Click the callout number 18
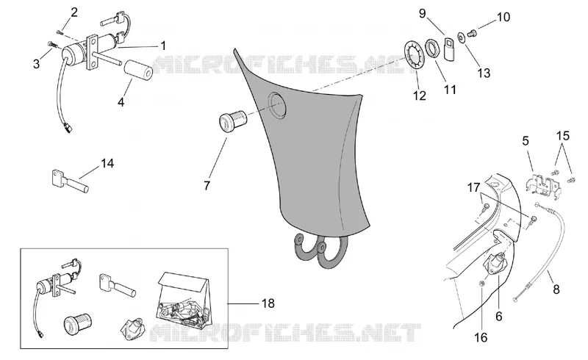(x=268, y=303)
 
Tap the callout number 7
(x=207, y=185)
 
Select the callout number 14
(x=107, y=163)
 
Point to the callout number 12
(x=420, y=96)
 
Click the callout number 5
(x=526, y=141)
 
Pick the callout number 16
(x=481, y=337)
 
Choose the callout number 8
(x=556, y=289)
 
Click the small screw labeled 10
(x=472, y=34)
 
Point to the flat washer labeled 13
(x=461, y=37)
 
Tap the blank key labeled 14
(x=69, y=181)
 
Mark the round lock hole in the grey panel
(x=278, y=104)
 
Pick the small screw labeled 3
(x=51, y=45)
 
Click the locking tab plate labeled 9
(x=449, y=48)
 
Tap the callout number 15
(x=562, y=135)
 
